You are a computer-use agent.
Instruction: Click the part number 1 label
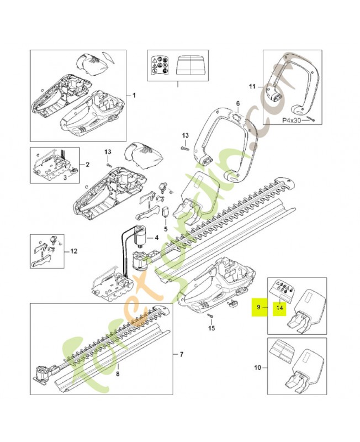(x=133, y=95)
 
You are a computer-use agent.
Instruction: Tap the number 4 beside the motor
(x=156, y=238)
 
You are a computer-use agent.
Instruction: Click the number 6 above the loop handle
(x=238, y=103)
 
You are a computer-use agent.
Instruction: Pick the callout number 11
(x=252, y=86)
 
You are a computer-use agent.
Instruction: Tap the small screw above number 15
(x=211, y=316)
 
